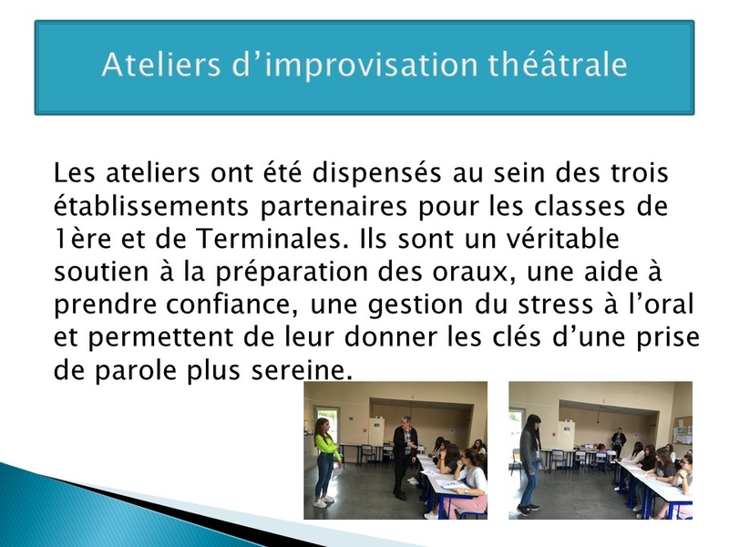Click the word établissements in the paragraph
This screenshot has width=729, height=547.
(x=151, y=206)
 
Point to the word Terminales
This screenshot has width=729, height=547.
(x=272, y=239)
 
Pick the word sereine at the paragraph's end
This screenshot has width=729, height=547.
(x=302, y=371)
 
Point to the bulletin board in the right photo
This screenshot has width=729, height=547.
(x=683, y=430)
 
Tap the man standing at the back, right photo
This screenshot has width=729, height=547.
(x=619, y=442)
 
